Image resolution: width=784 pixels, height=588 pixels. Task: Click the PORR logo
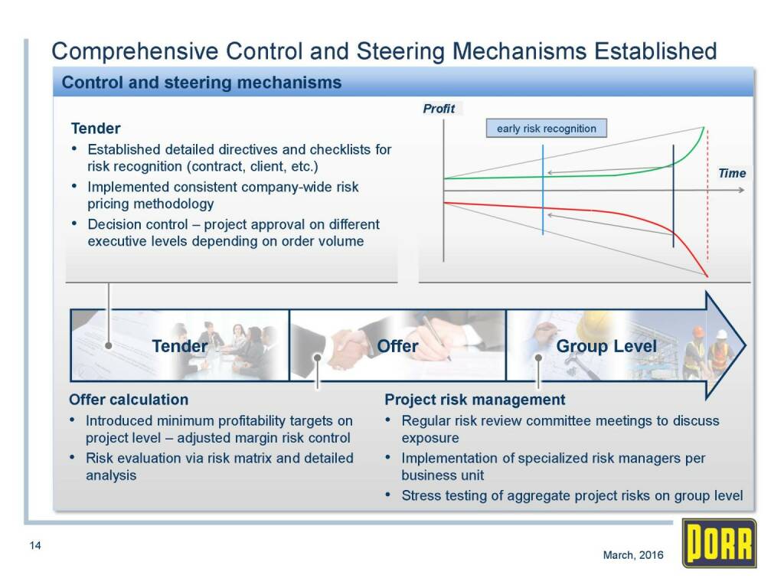point(719,544)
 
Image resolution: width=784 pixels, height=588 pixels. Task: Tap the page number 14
point(35,545)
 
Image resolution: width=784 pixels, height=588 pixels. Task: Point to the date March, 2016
point(633,554)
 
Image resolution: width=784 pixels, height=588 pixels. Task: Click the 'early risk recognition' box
point(547,128)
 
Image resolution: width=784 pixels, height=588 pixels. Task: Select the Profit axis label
point(439,109)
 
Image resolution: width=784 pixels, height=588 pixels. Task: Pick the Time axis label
point(731,173)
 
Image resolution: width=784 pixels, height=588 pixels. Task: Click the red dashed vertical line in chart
point(707,195)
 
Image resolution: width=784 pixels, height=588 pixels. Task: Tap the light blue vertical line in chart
point(543,190)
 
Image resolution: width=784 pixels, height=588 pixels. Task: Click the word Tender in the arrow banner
point(179,345)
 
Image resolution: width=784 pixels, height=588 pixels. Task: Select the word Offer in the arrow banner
point(397,345)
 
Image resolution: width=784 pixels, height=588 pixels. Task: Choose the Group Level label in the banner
point(606,345)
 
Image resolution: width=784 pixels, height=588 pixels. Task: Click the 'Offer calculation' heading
point(129,400)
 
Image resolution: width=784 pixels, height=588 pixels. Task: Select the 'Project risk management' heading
point(475,400)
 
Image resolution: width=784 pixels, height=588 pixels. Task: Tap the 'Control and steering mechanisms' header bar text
point(201,82)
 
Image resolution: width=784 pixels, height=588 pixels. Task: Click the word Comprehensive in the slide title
point(135,51)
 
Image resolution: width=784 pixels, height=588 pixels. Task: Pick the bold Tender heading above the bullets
point(96,129)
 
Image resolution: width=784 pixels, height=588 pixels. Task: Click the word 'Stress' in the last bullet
point(420,495)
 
